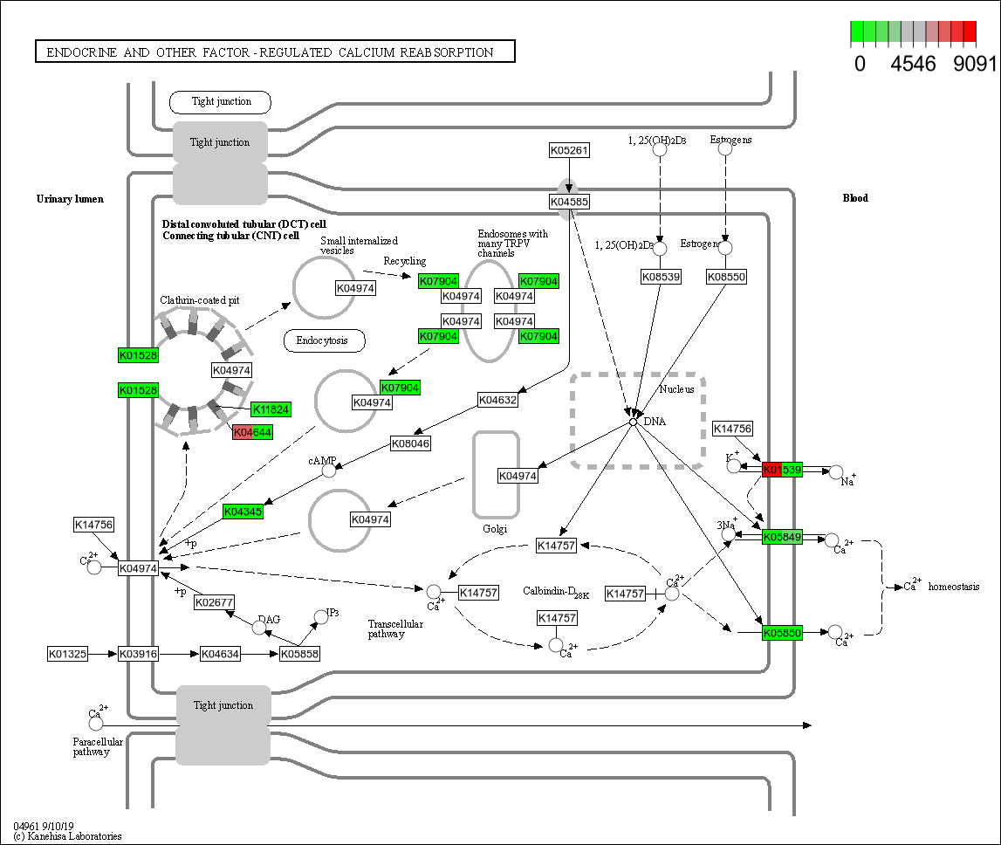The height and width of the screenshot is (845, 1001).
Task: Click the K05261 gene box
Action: tap(569, 150)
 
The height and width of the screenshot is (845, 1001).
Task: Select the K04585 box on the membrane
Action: tap(569, 202)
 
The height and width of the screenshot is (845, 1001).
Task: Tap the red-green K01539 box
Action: tap(782, 471)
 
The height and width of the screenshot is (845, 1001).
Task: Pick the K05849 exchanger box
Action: tap(782, 537)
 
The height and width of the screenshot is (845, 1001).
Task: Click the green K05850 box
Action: tap(782, 633)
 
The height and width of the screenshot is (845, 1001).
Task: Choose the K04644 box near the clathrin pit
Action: tap(253, 431)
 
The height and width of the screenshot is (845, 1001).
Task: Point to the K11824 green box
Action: tap(271, 409)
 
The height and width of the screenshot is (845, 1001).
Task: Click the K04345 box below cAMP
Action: tap(243, 511)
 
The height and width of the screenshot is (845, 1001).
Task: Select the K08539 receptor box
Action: tap(661, 277)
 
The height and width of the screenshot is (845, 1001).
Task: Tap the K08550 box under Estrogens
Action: tap(726, 277)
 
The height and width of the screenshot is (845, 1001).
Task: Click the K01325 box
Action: tap(67, 653)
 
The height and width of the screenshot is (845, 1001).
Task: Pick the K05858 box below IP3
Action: tap(300, 653)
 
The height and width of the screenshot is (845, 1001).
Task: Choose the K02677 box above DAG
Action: tap(215, 602)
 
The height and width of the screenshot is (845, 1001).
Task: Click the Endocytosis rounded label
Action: tap(325, 340)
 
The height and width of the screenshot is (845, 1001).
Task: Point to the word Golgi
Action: tap(495, 529)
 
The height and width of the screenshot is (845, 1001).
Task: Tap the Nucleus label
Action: tap(676, 388)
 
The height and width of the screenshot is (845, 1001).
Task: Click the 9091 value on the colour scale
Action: tap(975, 64)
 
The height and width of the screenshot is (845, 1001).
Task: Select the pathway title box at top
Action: tap(275, 52)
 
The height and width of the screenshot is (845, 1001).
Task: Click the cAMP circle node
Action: tap(329, 471)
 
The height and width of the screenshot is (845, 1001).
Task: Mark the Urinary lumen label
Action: tap(70, 199)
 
